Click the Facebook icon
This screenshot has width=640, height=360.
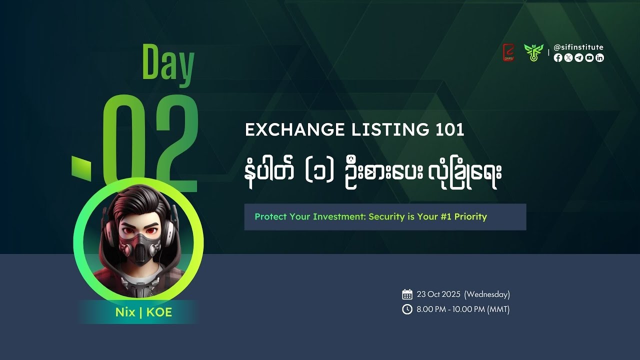pos(558,58)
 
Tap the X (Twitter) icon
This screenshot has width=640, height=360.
pos(568,58)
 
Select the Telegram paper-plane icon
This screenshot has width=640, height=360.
pos(579,58)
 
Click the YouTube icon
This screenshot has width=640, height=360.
pos(589,58)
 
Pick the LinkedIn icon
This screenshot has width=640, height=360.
pos(600,58)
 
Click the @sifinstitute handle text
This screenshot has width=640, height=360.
pos(578,47)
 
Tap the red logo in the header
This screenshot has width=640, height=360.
pos(508,52)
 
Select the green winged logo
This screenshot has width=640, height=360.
pos(533,52)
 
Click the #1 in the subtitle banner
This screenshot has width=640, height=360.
pos(446,217)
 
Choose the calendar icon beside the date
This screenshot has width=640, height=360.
pos(407,294)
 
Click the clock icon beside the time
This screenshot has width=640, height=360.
pos(407,309)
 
